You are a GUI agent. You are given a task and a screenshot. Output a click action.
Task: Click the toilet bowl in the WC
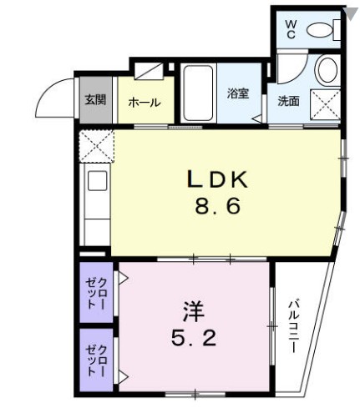tap(321, 32)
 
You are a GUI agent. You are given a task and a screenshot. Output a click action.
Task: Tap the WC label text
tap(291, 29)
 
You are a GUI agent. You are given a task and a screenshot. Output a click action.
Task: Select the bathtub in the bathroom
tap(200, 93)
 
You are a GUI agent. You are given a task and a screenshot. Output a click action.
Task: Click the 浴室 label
tap(239, 93)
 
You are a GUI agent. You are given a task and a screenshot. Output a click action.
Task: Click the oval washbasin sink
tap(327, 70)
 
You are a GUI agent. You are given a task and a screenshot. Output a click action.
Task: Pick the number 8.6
tap(218, 205)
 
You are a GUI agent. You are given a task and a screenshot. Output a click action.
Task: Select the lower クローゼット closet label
tap(96, 360)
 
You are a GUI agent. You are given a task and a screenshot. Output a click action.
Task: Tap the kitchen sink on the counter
tap(95, 182)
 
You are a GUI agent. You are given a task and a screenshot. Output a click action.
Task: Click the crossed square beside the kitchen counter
tap(95, 147)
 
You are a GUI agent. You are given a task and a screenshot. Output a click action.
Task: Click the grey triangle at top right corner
tap(350, 12)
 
